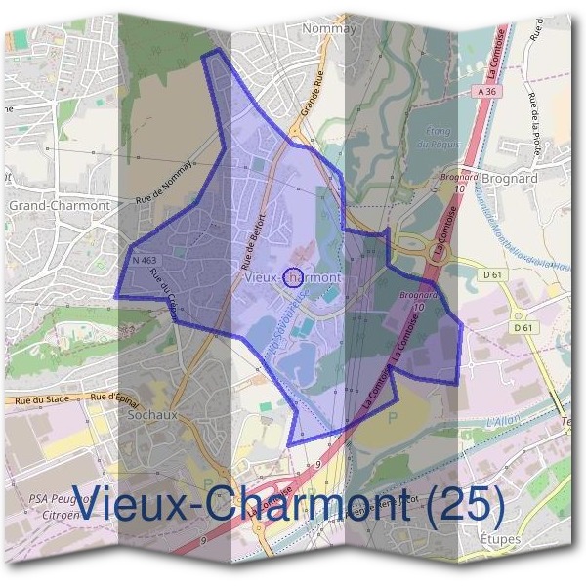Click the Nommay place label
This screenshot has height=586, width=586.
click(x=330, y=28)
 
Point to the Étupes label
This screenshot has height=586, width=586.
click(x=501, y=538)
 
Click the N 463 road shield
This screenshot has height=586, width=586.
click(x=144, y=261)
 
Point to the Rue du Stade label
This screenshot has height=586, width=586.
click(x=41, y=399)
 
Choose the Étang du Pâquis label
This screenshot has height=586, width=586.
click(x=443, y=138)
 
